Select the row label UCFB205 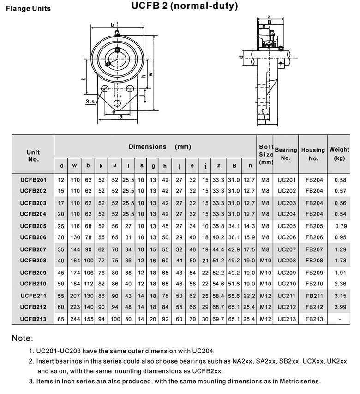(33, 226)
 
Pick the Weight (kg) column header (339, 154)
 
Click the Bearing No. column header (286, 154)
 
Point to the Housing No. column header (313, 154)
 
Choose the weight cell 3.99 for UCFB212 (340, 307)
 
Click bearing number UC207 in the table (286, 249)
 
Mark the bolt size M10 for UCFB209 (265, 273)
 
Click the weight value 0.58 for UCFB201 (340, 179)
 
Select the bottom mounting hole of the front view (118, 103)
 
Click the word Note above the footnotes (22, 339)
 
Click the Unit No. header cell (33, 156)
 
